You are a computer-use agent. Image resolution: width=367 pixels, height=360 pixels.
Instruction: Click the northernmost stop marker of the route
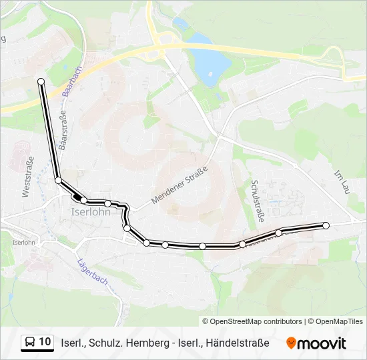[x=41, y=81]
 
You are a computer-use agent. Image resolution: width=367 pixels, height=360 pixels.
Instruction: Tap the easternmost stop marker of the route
[x=326, y=226]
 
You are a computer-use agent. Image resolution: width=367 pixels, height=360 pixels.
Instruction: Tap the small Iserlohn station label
[x=24, y=243]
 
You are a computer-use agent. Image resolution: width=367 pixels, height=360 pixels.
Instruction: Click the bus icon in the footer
[x=30, y=343]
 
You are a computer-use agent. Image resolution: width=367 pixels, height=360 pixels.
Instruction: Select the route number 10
[x=45, y=342]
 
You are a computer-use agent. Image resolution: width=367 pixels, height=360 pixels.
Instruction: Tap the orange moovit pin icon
[x=291, y=343]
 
